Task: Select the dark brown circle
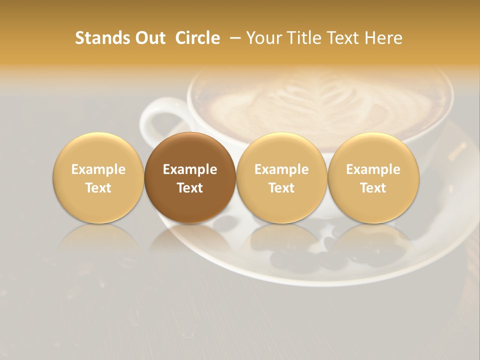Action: pyautogui.click(x=190, y=177)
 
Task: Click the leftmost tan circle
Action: pyautogui.click(x=98, y=177)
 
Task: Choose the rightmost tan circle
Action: pyautogui.click(x=373, y=177)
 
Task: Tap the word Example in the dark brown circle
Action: pyautogui.click(x=190, y=169)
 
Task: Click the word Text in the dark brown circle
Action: pyautogui.click(x=190, y=188)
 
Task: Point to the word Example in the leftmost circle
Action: pyautogui.click(x=98, y=169)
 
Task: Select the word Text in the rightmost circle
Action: pyautogui.click(x=373, y=188)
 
